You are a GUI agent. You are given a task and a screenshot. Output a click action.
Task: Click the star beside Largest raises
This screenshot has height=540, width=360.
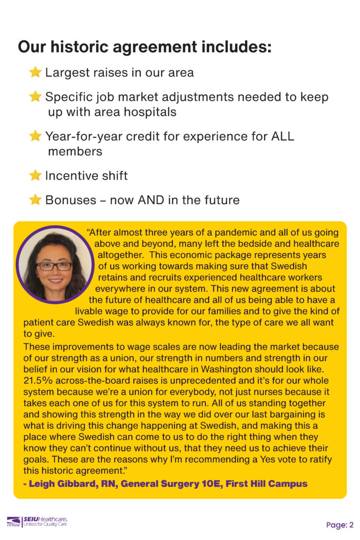[35, 72]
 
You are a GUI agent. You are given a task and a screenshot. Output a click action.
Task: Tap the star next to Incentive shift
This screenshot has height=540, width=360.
[35, 175]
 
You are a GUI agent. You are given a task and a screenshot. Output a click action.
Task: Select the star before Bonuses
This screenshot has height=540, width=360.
[35, 200]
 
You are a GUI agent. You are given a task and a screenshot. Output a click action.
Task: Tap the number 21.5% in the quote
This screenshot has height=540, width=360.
[38, 380]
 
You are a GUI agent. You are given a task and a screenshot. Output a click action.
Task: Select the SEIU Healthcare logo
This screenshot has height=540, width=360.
[37, 522]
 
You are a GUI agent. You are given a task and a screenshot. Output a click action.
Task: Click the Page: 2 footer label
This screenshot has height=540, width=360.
[339, 525]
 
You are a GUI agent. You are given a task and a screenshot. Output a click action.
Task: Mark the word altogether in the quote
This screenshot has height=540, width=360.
[122, 255]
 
